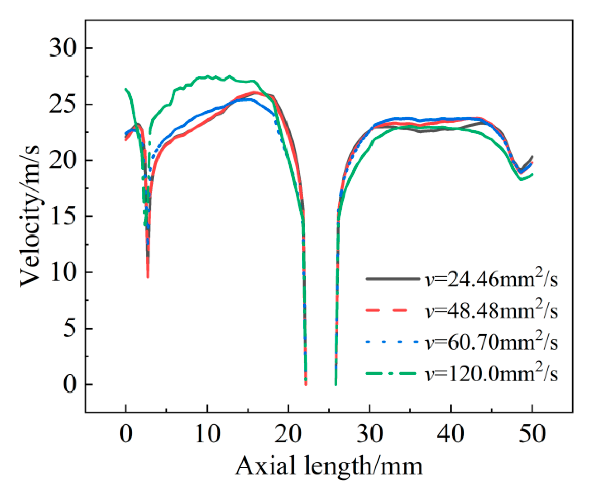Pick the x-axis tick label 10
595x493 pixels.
[x=207, y=434]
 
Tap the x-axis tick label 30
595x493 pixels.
[x=369, y=434]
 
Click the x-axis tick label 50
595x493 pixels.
[x=532, y=434]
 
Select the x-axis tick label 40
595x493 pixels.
[x=451, y=434]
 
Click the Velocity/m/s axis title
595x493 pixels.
[x=30, y=217]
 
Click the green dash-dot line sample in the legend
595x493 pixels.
[x=391, y=374]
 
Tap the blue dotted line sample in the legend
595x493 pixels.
[x=391, y=342]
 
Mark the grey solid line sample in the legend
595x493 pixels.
[x=391, y=279]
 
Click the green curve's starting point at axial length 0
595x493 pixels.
[x=126, y=89]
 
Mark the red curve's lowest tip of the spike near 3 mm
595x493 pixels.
[x=148, y=277]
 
